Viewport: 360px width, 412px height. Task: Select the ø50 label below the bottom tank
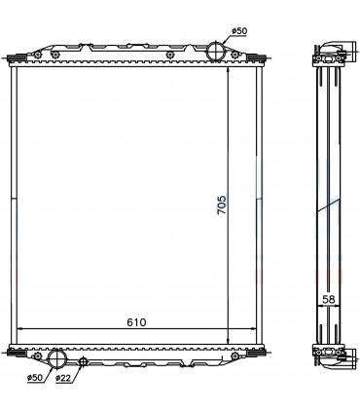coord(36,377)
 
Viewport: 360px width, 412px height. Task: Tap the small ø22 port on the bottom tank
coord(84,363)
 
